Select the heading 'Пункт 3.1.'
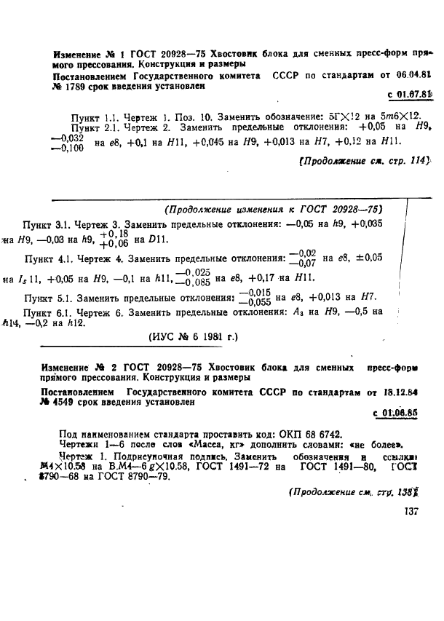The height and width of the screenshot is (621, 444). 48,225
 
